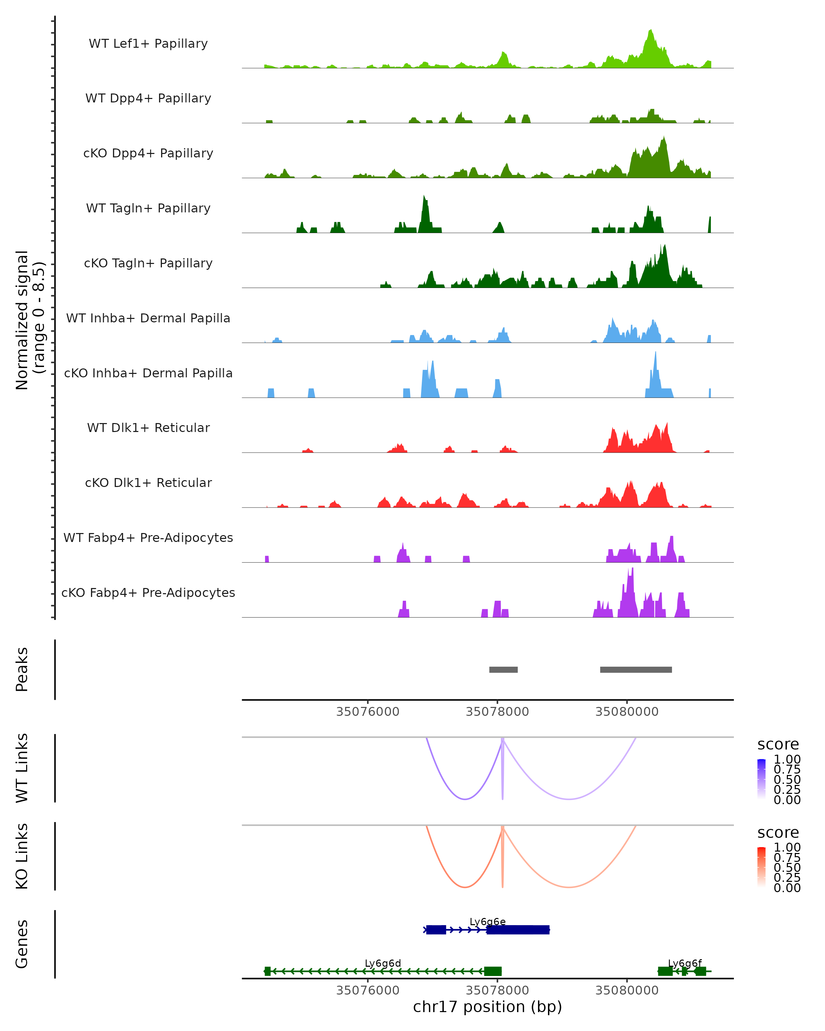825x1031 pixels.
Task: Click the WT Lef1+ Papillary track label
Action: [148, 44]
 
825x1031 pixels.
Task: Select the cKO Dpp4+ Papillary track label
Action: [148, 153]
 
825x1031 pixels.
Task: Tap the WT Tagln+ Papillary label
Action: [148, 208]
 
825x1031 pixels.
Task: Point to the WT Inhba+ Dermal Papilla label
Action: [148, 318]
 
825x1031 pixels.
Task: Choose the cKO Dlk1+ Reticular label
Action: [148, 483]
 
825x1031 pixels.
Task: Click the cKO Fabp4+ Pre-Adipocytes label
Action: [148, 592]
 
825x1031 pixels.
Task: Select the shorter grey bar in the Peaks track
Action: [503, 669]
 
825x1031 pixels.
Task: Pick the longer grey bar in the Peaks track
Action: [636, 669]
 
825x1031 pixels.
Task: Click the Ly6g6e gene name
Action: [487, 921]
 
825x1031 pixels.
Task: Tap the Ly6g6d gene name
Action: [383, 963]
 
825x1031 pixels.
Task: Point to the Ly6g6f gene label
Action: [684, 963]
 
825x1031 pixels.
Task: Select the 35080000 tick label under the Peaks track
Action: [627, 712]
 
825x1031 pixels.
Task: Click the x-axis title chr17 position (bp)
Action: [487, 1007]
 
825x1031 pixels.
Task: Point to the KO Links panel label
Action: [22, 856]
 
